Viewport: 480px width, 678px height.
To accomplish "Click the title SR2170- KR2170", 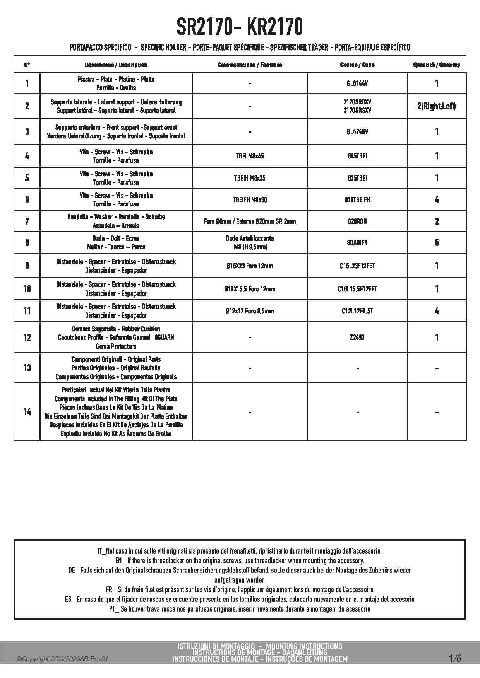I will (240, 27).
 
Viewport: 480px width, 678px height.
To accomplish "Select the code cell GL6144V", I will (357, 83).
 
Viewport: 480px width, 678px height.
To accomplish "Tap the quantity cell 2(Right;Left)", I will (436, 106).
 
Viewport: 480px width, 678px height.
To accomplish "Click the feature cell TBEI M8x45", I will (250, 156).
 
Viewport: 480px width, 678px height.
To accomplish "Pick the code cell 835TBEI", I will (357, 178).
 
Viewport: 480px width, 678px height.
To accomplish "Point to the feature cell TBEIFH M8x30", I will (250, 200).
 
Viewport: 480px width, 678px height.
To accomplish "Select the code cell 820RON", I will (357, 221).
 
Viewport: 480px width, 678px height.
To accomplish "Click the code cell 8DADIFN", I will (357, 243).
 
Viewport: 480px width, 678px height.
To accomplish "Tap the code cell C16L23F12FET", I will (357, 266).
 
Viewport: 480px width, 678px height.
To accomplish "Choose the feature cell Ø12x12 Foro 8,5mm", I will (250, 311).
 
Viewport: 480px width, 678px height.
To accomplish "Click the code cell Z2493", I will (357, 337).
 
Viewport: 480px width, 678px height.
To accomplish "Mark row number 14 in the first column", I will (27, 412).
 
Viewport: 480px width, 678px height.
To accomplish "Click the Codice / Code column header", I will (357, 65).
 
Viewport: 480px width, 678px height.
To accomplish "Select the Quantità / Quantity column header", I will (437, 65).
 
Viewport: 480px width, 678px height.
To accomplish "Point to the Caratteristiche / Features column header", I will (250, 65).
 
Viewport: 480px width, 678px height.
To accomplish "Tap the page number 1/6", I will (455, 658).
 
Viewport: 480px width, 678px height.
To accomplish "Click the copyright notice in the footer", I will (62, 659).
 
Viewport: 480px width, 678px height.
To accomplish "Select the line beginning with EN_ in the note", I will (240, 560).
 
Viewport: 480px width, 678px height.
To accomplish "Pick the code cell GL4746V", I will (357, 132).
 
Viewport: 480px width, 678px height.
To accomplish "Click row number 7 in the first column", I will (27, 221).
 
